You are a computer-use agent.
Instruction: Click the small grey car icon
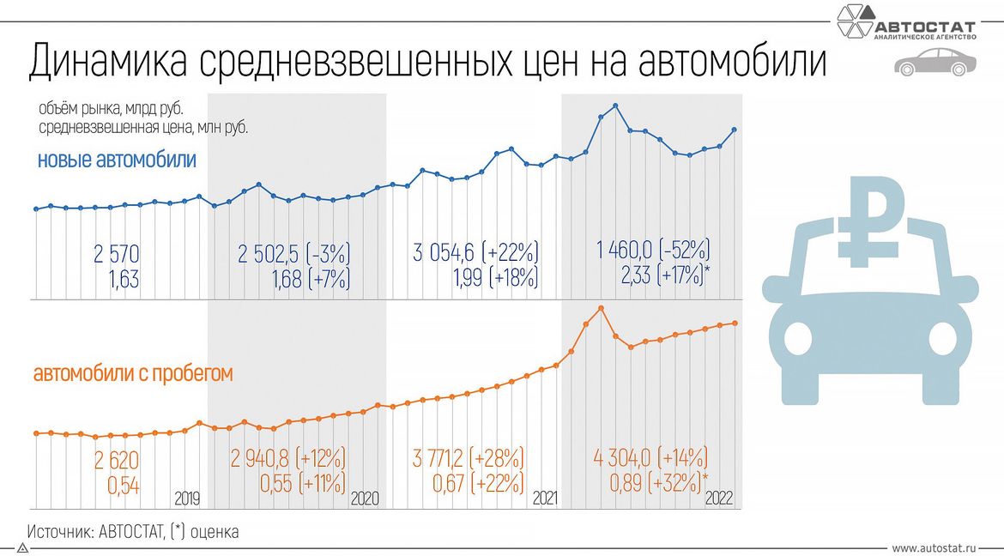(934, 63)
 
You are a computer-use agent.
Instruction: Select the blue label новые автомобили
(117, 160)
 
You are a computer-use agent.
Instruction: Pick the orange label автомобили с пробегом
(133, 374)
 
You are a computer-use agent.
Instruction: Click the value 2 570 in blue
(117, 253)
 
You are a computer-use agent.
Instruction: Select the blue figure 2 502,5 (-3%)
(294, 253)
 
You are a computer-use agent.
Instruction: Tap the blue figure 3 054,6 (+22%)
(475, 253)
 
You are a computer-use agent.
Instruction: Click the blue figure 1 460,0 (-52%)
(653, 251)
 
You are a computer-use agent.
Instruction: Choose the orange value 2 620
(118, 459)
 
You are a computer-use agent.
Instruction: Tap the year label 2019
(187, 498)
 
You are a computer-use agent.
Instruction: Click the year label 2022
(719, 498)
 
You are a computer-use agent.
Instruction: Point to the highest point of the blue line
(615, 106)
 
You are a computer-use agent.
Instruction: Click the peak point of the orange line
(601, 308)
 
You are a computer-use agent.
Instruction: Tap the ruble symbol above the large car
(868, 218)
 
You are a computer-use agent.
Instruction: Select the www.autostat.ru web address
(934, 547)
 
